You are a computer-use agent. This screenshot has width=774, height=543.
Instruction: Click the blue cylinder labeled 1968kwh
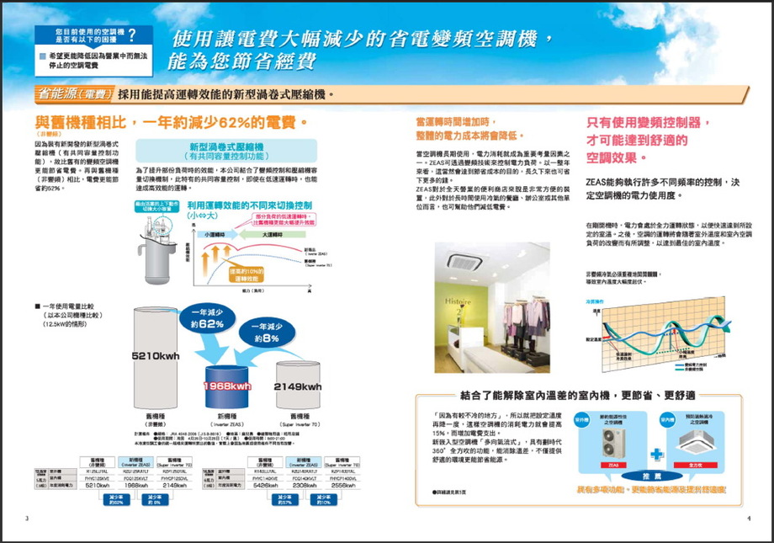(226, 385)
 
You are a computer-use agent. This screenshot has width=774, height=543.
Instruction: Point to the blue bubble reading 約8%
(270, 333)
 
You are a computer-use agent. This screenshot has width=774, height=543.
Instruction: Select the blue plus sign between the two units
(656, 453)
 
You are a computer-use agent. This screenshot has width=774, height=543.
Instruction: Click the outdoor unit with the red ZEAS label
(613, 442)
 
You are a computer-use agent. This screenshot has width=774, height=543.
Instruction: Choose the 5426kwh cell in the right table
(265, 486)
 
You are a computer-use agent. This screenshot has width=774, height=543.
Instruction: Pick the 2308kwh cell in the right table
(304, 486)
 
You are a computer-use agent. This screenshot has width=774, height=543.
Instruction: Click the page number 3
(27, 518)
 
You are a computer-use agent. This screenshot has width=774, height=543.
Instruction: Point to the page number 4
(747, 518)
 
